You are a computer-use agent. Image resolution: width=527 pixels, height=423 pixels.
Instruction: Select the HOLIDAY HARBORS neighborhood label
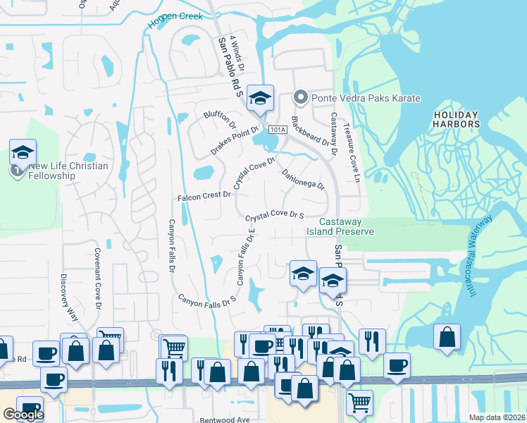(457, 119)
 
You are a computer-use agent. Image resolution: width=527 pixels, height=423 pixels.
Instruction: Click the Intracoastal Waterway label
(478, 255)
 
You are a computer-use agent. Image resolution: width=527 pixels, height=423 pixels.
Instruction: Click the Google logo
(23, 415)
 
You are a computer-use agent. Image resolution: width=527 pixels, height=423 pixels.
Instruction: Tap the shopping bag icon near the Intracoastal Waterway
(447, 338)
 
